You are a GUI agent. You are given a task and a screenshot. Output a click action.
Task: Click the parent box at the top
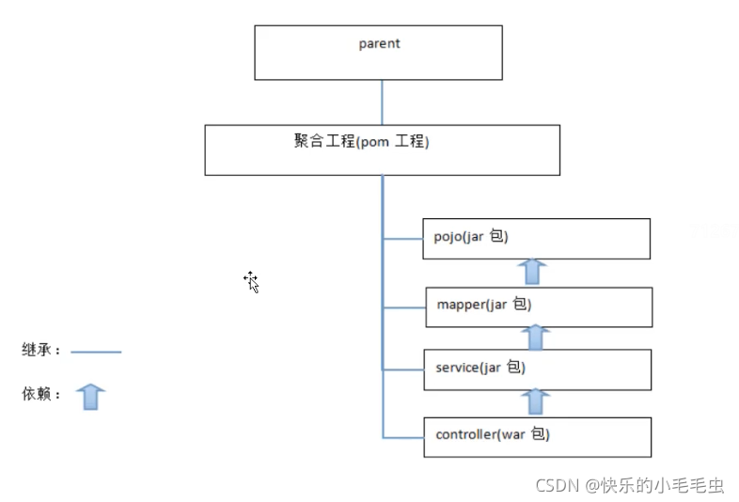(x=378, y=53)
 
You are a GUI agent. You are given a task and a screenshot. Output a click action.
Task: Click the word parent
(x=379, y=43)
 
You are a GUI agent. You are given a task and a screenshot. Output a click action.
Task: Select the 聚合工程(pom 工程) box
(x=382, y=150)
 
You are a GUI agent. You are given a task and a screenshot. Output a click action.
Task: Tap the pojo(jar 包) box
(x=536, y=239)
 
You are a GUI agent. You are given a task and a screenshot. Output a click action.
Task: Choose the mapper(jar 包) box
(x=538, y=307)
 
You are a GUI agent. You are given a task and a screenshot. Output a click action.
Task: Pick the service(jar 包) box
(x=537, y=369)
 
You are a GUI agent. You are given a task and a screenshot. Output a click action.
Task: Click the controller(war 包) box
(x=537, y=437)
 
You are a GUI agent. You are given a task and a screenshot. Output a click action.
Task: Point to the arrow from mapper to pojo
(x=533, y=272)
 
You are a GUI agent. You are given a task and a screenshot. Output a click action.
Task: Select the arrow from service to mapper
(x=536, y=337)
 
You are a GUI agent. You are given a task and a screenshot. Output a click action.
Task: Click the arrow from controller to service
(x=536, y=401)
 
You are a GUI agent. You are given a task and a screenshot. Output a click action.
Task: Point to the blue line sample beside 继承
(x=96, y=353)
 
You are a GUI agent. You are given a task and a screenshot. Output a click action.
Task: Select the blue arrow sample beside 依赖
(x=90, y=397)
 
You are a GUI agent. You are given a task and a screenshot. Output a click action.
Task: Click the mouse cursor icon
(x=251, y=281)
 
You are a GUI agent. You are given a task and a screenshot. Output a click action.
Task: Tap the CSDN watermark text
(x=629, y=485)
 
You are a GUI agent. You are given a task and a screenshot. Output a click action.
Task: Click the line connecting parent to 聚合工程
(x=382, y=102)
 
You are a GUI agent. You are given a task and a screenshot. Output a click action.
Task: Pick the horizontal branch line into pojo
(x=402, y=239)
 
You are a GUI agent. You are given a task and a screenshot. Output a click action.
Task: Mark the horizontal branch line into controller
(x=402, y=437)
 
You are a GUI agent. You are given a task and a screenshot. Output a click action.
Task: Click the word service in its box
(x=458, y=368)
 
